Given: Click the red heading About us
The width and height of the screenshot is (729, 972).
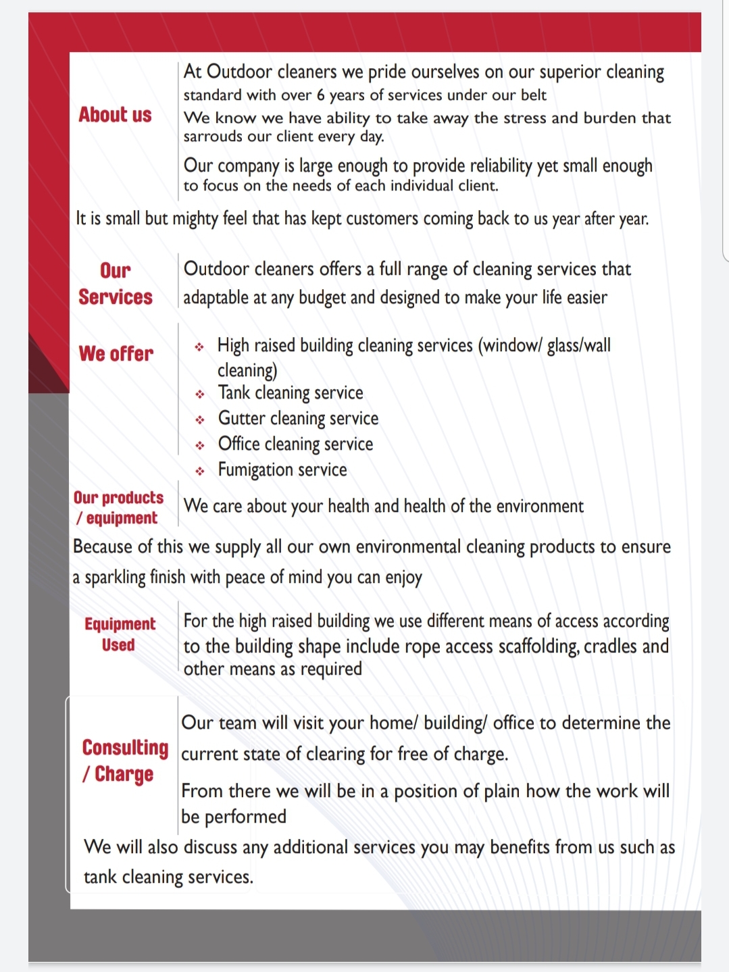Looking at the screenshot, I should click(x=115, y=115).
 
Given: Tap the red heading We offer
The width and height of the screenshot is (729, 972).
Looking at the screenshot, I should click(x=116, y=353).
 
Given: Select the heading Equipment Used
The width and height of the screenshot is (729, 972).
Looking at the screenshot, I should click(x=120, y=634).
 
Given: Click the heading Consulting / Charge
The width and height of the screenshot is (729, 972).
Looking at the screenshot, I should click(x=124, y=760).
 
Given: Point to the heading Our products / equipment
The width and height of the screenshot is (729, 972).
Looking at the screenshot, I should click(x=118, y=507).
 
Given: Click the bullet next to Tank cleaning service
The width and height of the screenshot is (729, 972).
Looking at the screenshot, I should click(x=200, y=394).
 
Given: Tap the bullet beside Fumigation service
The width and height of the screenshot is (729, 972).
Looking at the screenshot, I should click(x=200, y=471).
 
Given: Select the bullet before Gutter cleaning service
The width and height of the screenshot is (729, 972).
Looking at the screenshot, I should click(x=200, y=420).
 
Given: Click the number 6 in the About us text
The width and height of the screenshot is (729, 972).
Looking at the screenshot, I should click(x=321, y=95).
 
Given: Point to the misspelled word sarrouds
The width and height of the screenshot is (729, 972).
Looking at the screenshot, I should click(x=210, y=136).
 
